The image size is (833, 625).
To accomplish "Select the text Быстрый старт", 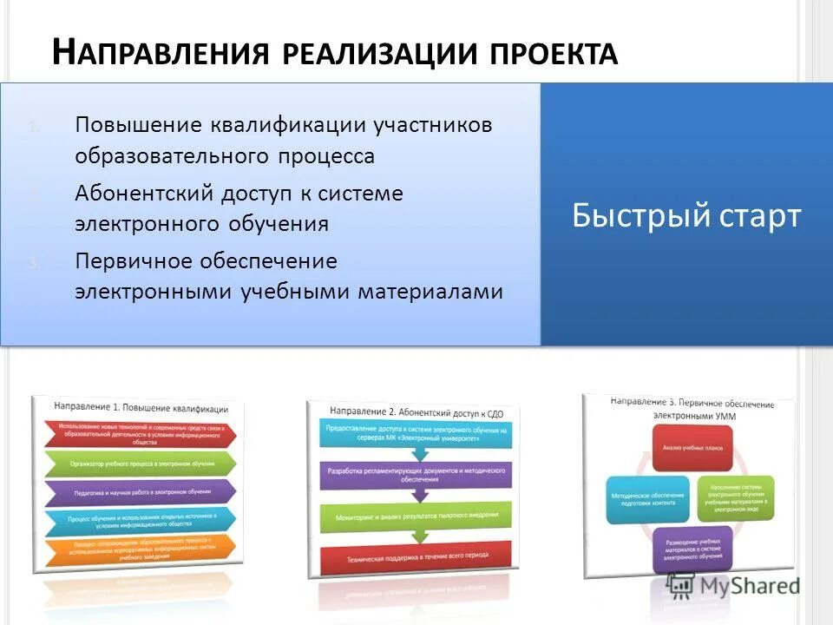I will [685, 215].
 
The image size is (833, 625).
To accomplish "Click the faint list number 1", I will [33, 127].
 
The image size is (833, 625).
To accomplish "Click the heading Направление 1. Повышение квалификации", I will [141, 407].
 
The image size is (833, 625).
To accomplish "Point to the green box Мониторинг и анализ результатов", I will [415, 516].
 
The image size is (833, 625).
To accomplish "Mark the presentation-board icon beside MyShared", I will [683, 584].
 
